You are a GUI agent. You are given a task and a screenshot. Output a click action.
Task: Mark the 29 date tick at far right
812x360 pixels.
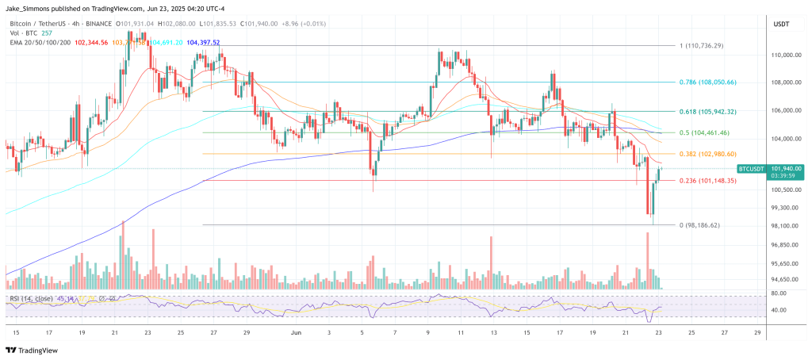click(x=757, y=332)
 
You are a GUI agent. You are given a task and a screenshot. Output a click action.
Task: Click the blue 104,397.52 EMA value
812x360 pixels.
click(x=203, y=42)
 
